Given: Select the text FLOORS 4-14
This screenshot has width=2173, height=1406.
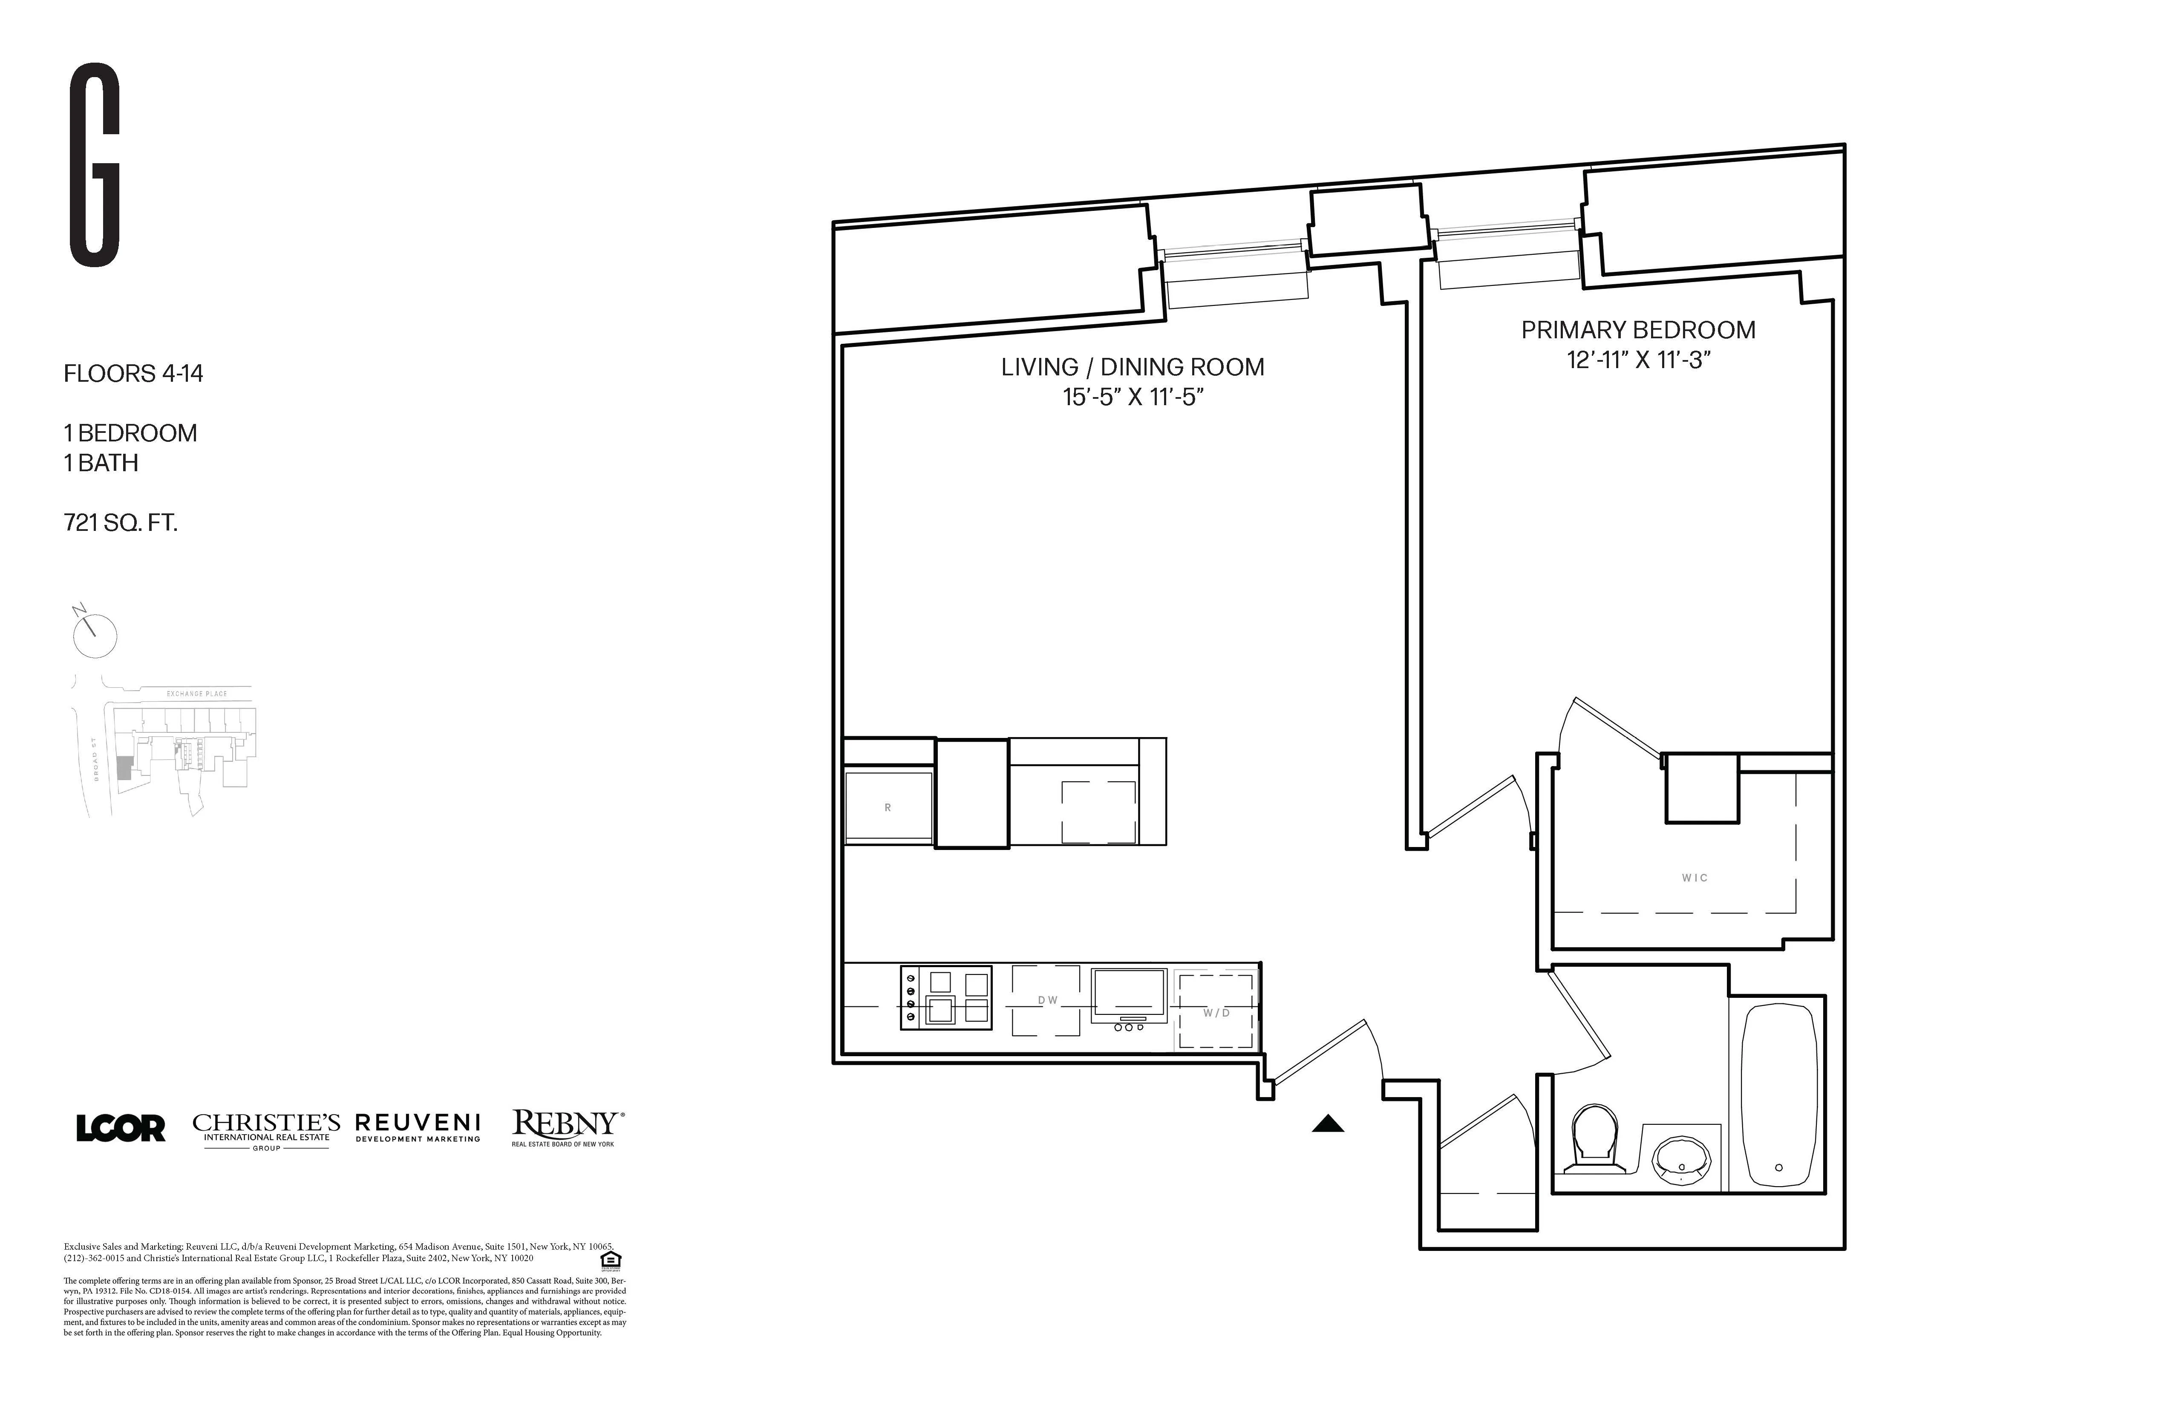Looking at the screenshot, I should pyautogui.click(x=133, y=373).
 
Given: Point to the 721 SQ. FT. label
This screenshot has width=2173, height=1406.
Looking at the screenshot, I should pyautogui.click(x=121, y=523).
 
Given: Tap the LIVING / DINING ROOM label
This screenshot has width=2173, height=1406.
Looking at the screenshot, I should pyautogui.click(x=1132, y=367).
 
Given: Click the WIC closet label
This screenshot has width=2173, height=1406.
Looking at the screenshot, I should pyautogui.click(x=1695, y=877).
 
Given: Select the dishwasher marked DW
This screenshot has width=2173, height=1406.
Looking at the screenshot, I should pyautogui.click(x=1047, y=1001).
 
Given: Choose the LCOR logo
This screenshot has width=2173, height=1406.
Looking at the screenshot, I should pyautogui.click(x=121, y=1129).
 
